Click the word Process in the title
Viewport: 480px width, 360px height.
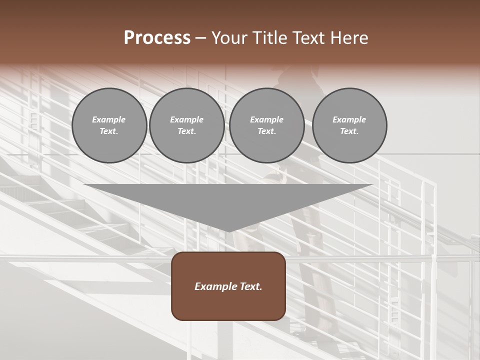pos(157,38)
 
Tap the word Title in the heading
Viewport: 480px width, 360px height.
pos(270,38)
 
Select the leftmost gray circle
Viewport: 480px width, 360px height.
pos(109,125)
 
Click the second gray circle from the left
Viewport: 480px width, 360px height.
pos(186,125)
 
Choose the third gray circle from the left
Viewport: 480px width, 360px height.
pos(266,125)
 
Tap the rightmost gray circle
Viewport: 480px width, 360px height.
pos(349,125)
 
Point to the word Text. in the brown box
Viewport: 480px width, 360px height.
pos(250,287)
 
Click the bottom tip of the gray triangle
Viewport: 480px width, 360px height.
pos(228,231)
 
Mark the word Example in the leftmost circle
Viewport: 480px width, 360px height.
pos(109,120)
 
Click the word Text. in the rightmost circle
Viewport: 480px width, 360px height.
pos(349,131)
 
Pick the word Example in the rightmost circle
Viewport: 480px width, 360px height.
pos(349,120)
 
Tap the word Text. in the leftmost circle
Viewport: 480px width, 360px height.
pos(109,131)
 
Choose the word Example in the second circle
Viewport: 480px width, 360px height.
pos(186,120)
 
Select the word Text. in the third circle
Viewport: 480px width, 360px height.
pos(266,131)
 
